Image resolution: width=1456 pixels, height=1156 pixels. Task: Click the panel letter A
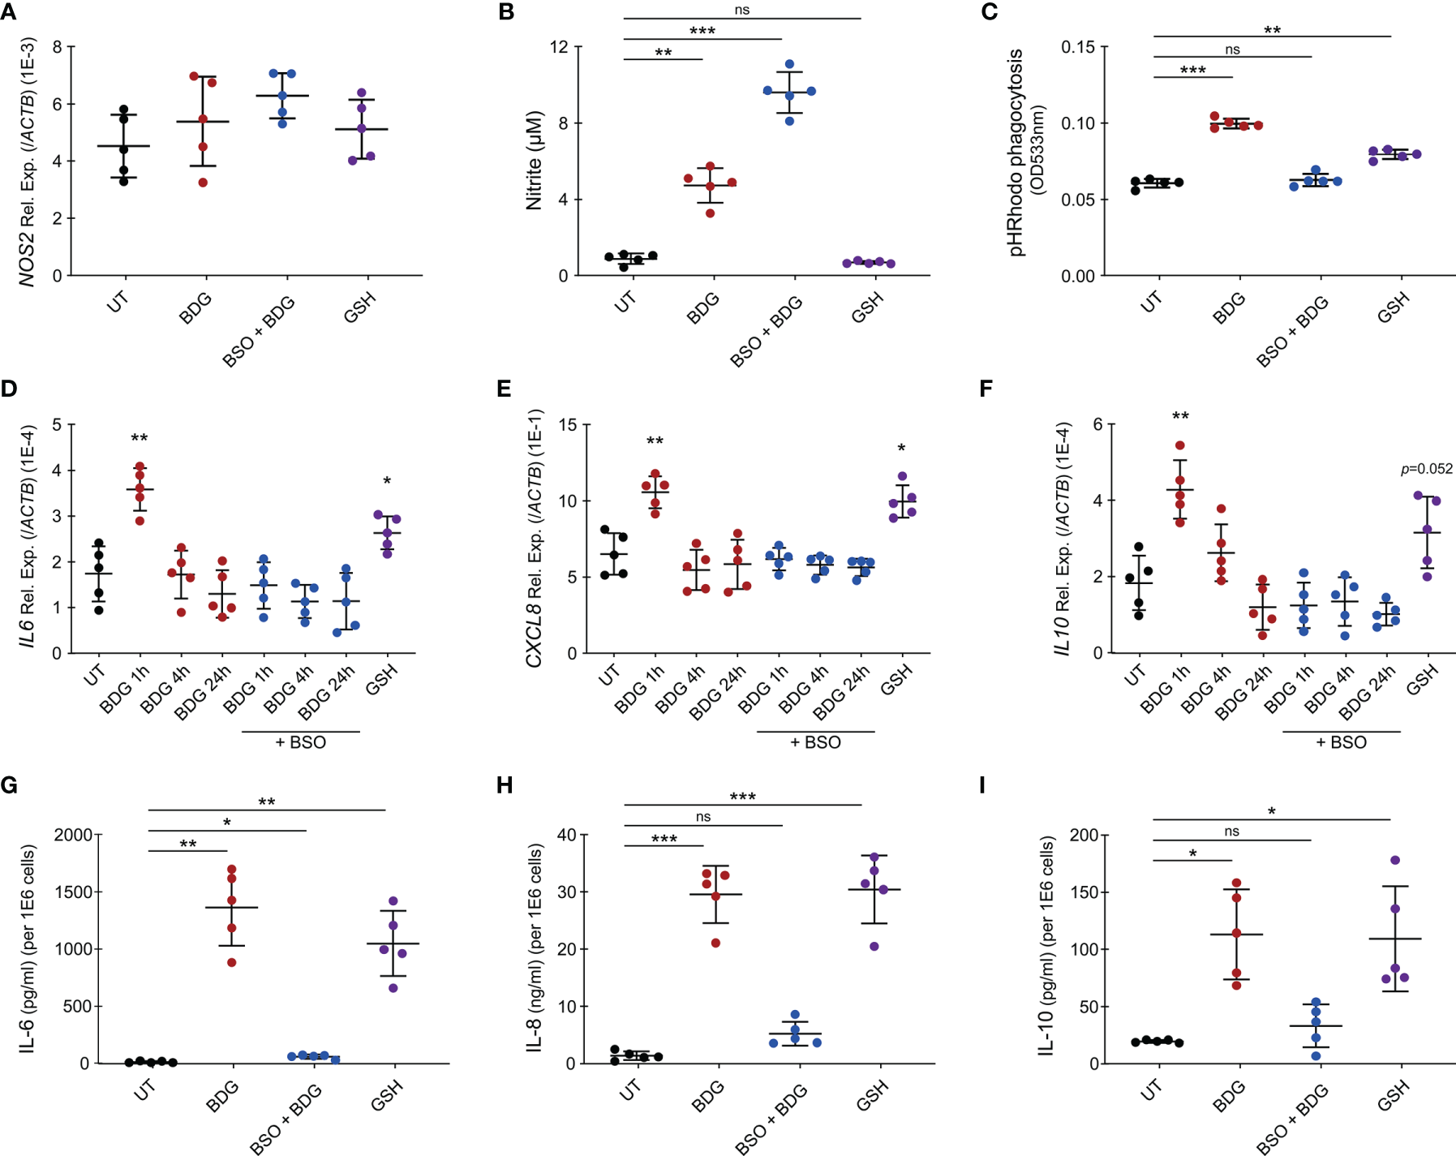[9, 11]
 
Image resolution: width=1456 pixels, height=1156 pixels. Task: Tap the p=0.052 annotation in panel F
[1427, 469]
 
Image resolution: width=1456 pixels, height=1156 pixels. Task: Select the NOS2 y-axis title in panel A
[28, 161]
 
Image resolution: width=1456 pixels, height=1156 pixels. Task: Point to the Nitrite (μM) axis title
[533, 161]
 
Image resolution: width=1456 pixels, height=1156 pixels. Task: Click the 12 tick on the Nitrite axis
[559, 47]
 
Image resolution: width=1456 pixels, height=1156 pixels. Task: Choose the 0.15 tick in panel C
[1078, 47]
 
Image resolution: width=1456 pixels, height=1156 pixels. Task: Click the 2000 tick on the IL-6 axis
[73, 835]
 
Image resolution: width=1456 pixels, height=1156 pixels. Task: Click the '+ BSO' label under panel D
[301, 742]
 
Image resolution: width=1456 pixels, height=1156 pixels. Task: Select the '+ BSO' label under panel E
[815, 742]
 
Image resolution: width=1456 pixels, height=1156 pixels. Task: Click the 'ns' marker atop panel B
[742, 10]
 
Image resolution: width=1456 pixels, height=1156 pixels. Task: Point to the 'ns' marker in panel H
[703, 817]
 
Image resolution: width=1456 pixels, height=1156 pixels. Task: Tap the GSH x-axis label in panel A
[359, 308]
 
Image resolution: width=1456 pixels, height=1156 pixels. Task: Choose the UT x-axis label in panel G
[144, 1091]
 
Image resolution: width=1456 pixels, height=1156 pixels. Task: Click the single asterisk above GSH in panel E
[901, 449]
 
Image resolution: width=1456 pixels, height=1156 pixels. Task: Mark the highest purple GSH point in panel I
[1395, 860]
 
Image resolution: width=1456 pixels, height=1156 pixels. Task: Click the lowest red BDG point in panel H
[716, 943]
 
